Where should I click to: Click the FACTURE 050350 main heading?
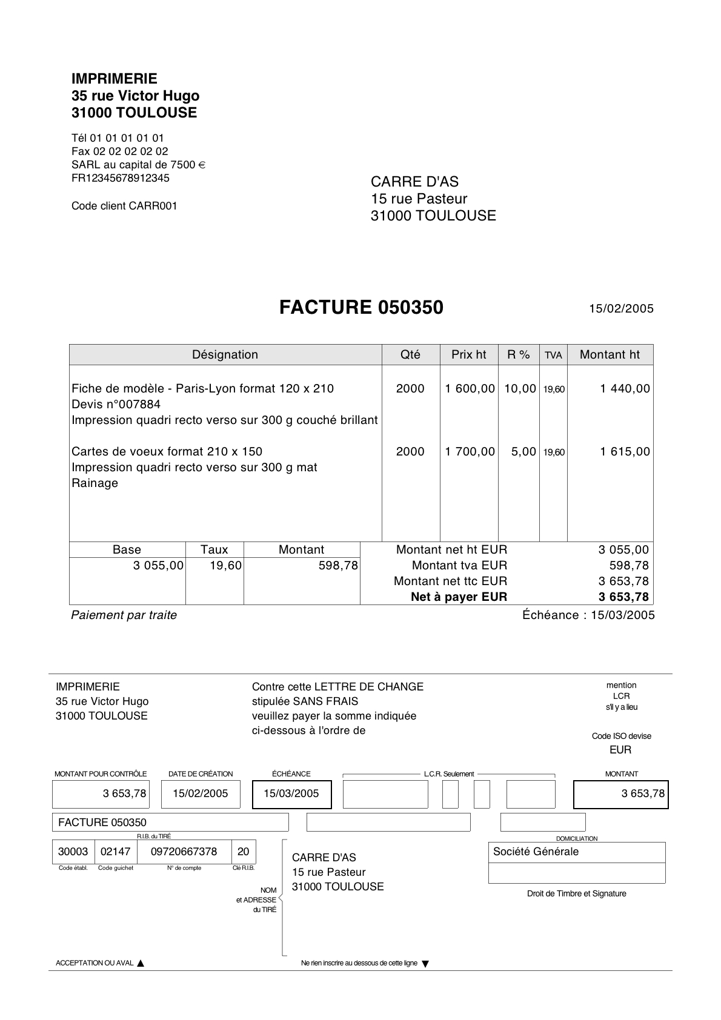[361, 308]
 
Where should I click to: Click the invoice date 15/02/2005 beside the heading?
[622, 309]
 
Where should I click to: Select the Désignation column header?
[225, 355]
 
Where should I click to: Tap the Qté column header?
[410, 355]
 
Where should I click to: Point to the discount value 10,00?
[520, 389]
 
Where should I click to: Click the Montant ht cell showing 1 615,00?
[625, 452]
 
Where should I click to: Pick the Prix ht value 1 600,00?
[470, 389]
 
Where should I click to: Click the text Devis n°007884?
[116, 405]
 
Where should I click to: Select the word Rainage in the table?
[95, 483]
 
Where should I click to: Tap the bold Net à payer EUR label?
[459, 597]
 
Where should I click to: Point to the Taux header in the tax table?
[214, 550]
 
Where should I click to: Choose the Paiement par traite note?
[124, 615]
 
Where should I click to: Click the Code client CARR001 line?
[124, 206]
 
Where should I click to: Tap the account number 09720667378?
[184, 852]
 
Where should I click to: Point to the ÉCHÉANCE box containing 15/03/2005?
[291, 794]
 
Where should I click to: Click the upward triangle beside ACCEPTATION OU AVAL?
[141, 963]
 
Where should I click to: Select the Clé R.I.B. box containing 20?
[243, 852]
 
